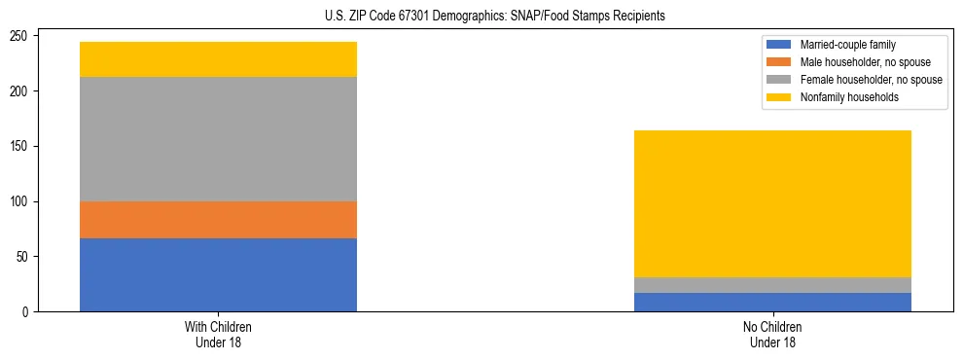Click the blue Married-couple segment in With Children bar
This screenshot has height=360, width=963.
click(218, 274)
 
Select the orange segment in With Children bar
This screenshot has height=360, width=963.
click(218, 220)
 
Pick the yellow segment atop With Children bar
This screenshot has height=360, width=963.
click(218, 59)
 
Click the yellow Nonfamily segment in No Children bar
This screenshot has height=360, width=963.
click(772, 203)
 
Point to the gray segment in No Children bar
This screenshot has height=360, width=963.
click(772, 285)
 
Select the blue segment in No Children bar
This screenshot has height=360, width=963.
click(772, 302)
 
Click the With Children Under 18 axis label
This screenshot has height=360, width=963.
click(218, 335)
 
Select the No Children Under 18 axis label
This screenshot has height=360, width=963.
click(772, 335)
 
